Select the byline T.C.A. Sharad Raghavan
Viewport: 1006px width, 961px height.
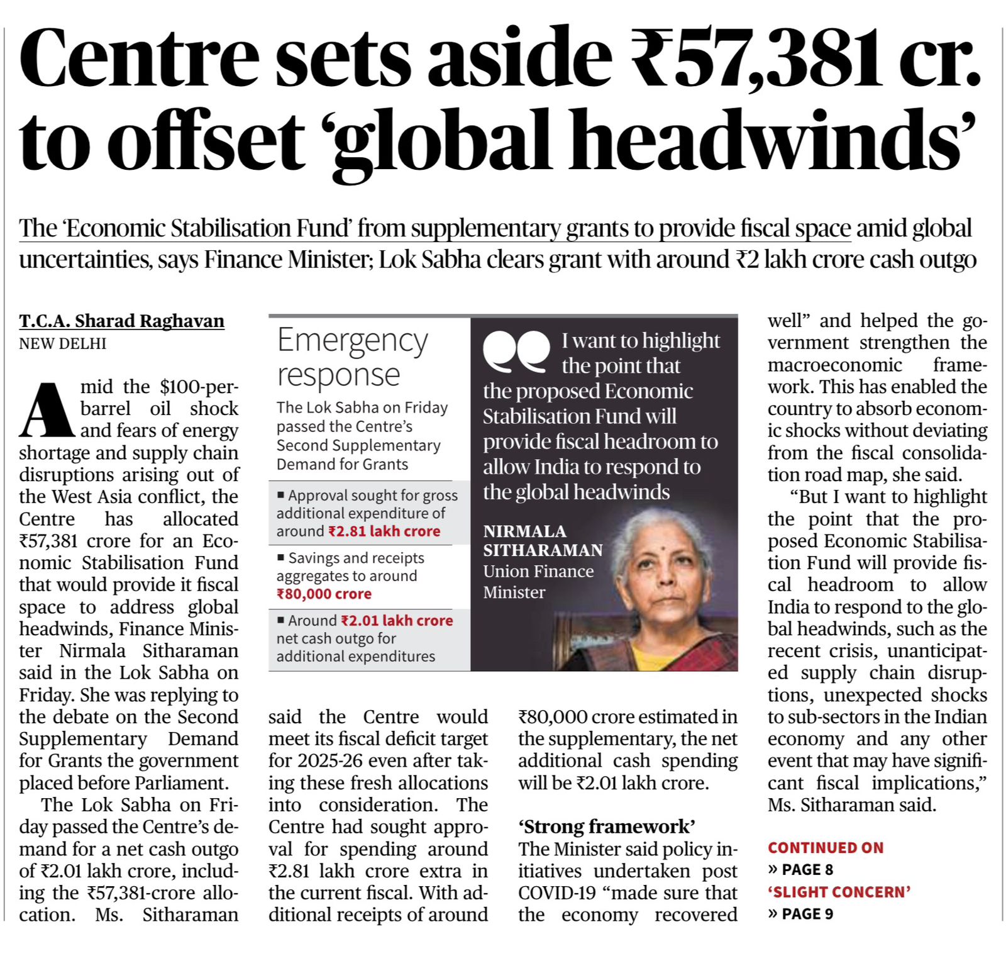[121, 321]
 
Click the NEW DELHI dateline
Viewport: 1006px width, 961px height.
[63, 343]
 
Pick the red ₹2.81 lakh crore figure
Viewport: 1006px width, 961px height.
[384, 531]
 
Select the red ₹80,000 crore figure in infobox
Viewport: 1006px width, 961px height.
[324, 594]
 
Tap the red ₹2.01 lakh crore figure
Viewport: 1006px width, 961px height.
[397, 621]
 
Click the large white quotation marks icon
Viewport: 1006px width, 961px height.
[516, 351]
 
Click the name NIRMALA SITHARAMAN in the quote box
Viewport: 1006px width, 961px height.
[542, 541]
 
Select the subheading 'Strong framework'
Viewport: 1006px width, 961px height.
[607, 826]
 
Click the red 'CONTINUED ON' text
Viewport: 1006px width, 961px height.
[826, 848]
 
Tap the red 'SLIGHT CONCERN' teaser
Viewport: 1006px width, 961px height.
[839, 892]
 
